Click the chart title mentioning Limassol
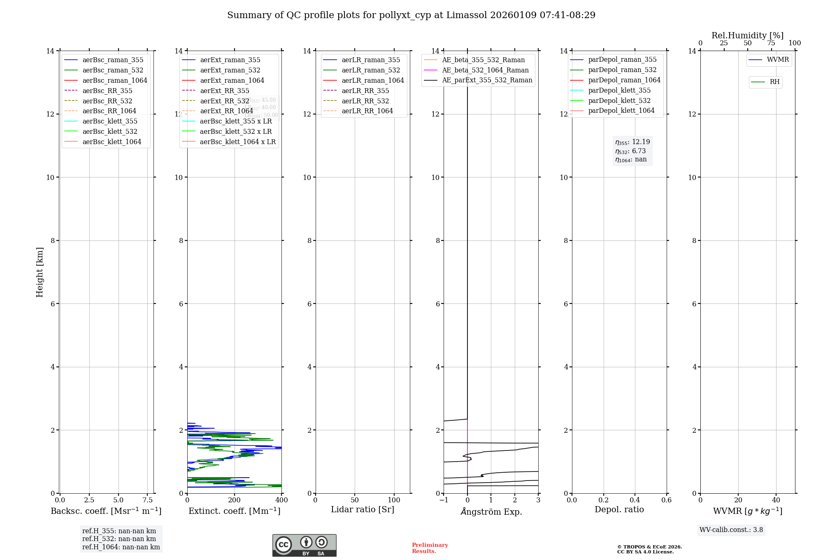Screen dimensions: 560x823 pos(411,15)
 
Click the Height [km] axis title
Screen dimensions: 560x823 pos(40,272)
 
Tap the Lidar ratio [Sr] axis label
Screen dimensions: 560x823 pos(363,509)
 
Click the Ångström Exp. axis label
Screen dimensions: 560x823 pos(491,511)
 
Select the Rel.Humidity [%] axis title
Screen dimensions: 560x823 pos(747,35)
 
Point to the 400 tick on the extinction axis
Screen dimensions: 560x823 pos(281,500)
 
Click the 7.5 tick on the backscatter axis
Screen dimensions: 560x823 pos(148,500)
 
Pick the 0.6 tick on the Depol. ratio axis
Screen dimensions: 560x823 pos(666,500)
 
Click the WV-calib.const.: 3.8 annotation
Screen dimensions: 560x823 pos(731,530)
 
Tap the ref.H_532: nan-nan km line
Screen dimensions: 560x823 pos(119,539)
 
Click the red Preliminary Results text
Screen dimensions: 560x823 pos(430,548)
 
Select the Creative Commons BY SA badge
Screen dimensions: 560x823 pos(304,545)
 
